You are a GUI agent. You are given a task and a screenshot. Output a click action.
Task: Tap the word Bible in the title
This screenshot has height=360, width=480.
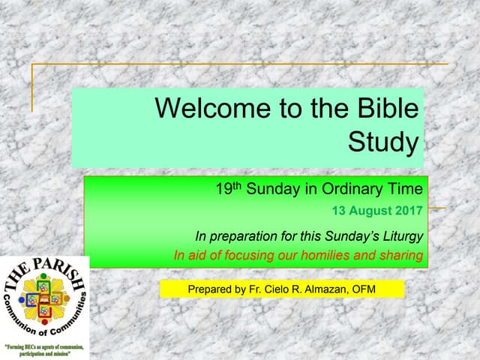click(382, 109)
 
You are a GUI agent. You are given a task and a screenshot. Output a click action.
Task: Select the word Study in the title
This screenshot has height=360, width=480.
click(383, 142)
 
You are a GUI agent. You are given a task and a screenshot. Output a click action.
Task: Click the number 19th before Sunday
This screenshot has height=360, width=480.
click(226, 188)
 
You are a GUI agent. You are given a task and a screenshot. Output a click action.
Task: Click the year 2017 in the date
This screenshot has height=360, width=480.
click(407, 210)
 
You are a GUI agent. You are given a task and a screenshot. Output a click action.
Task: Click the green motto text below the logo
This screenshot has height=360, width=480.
click(45, 349)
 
